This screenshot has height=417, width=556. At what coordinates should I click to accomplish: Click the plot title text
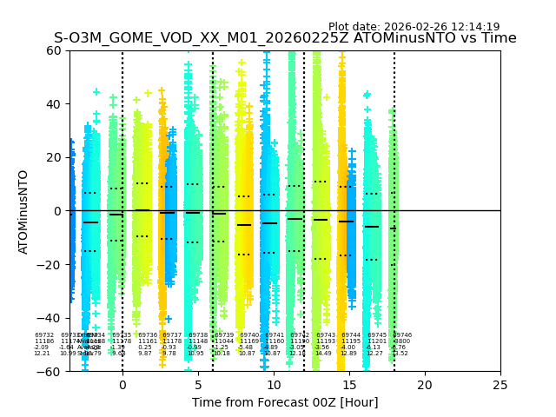[x=285, y=38]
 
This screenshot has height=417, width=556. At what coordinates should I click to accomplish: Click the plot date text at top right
[x=414, y=27]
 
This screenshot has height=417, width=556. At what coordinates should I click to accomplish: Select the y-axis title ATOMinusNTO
[x=24, y=211]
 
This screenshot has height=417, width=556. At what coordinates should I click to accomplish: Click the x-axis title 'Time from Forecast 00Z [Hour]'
[x=285, y=402]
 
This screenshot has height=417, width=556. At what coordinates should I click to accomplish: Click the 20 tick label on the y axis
[x=53, y=157]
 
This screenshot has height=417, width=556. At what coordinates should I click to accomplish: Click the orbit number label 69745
[x=377, y=335]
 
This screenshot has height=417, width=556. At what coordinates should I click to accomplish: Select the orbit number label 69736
[x=148, y=335]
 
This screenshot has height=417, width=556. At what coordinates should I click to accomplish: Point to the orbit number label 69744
[x=351, y=335]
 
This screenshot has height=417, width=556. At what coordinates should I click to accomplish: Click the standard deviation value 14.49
[x=323, y=354]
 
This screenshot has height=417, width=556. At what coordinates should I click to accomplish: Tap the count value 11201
[x=377, y=341]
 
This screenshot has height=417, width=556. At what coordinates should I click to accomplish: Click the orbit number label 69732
[x=44, y=335]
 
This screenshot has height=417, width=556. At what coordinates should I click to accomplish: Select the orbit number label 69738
[x=198, y=335]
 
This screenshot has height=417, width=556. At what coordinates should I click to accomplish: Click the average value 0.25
[x=144, y=347]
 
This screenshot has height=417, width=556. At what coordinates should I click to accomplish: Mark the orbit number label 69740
[x=249, y=335]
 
